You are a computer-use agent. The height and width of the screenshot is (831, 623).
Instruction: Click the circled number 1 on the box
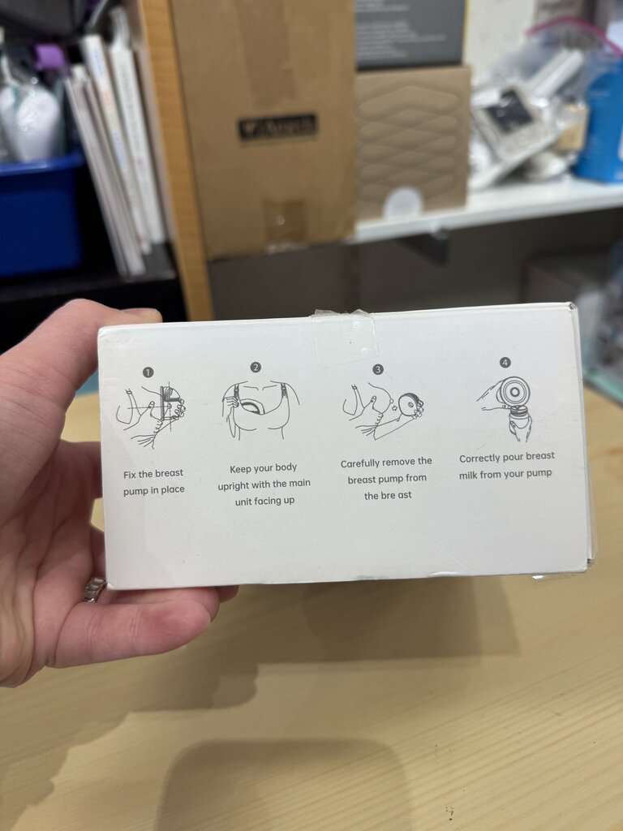tap(148, 372)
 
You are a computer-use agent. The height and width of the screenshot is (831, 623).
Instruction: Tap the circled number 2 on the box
tap(256, 367)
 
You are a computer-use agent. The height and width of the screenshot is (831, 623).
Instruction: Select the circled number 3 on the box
tap(377, 369)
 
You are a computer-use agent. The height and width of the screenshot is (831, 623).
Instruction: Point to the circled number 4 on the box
tap(505, 362)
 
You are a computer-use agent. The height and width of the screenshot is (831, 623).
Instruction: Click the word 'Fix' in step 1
tap(132, 473)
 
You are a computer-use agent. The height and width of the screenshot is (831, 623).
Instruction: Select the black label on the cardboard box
tap(277, 127)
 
